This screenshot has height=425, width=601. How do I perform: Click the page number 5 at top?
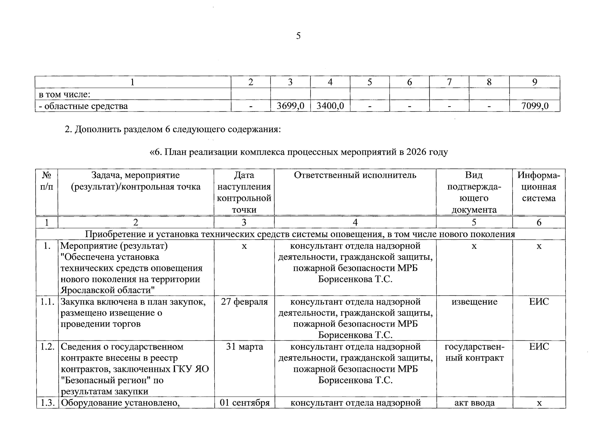point(298,36)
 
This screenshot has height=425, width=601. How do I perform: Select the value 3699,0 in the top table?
point(290,106)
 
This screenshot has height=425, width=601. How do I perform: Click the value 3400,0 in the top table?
point(330,106)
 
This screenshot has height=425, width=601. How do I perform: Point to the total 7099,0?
point(535,106)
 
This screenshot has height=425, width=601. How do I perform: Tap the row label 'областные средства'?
point(85,106)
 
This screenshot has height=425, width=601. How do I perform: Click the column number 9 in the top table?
point(535,82)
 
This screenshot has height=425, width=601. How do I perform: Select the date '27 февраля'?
point(244,302)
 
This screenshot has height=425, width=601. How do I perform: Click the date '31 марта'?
point(244,347)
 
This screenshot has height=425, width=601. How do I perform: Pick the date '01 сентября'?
point(244,403)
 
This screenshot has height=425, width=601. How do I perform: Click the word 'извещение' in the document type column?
point(474,302)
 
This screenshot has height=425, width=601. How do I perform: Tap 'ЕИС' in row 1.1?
point(539,302)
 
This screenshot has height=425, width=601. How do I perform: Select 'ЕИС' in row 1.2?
point(539,347)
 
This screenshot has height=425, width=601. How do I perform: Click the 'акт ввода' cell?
point(474,403)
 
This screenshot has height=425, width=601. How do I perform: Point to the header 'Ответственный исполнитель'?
point(355,175)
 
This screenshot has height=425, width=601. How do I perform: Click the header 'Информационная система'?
point(539,187)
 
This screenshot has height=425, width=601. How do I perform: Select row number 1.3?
point(47,403)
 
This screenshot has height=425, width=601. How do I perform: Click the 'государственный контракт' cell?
point(474,352)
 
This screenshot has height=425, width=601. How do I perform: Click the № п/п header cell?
point(47,181)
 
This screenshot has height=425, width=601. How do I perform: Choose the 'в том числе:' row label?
point(64,95)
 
